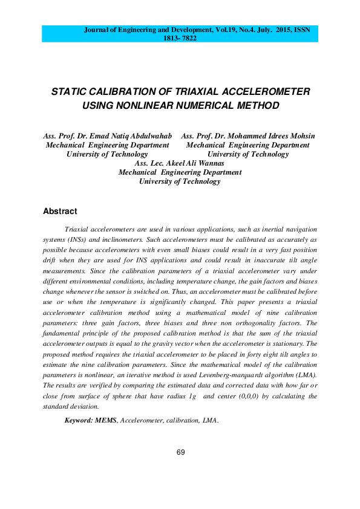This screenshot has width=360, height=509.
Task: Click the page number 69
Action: pyautogui.click(x=180, y=452)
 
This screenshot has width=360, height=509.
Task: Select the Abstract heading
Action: pyautogui.click(x=60, y=212)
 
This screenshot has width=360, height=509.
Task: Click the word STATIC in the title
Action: pyautogui.click(x=70, y=92)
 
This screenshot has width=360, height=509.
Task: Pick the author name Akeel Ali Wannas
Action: pyautogui.click(x=199, y=163)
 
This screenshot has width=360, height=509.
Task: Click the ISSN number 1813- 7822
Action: pyautogui.click(x=180, y=37)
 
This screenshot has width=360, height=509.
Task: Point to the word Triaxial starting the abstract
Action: pyautogui.click(x=78, y=230)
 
